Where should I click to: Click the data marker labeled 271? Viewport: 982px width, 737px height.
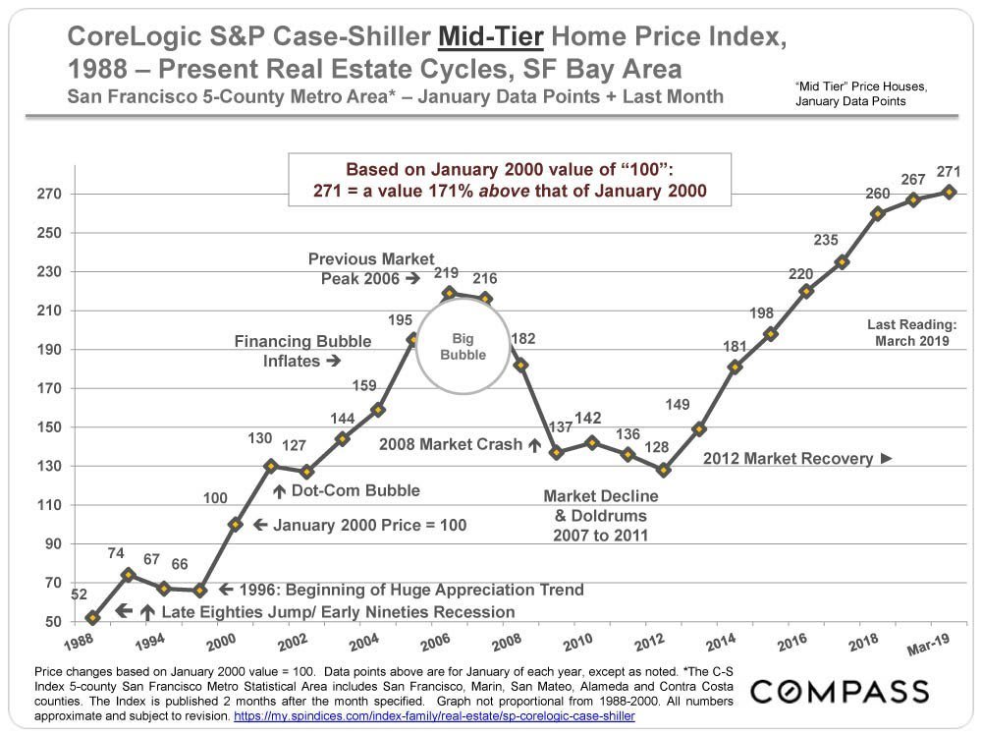tap(949, 192)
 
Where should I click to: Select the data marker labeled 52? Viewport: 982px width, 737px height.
tap(92, 618)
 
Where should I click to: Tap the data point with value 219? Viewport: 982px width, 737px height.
tap(449, 293)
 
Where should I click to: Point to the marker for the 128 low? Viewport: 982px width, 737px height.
tap(664, 470)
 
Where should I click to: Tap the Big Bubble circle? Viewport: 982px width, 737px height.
tap(463, 347)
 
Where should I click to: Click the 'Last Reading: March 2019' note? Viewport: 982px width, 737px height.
tap(911, 332)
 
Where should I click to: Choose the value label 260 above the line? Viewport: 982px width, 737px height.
tap(877, 194)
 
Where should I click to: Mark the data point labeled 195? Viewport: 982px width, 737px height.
tap(413, 339)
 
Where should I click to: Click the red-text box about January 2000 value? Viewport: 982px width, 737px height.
tap(510, 179)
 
